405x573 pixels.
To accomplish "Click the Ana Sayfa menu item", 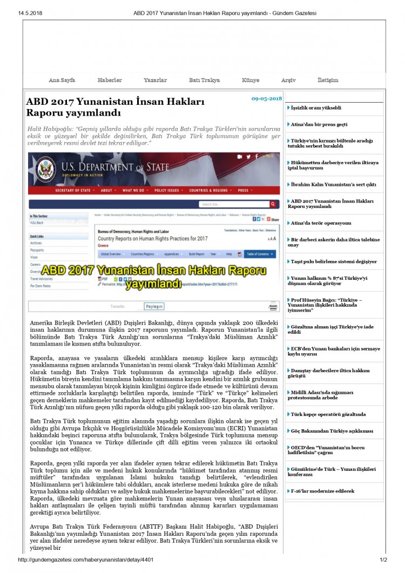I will [62, 80].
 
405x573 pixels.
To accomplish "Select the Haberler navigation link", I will [110, 80].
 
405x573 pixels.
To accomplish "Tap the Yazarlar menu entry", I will [155, 80].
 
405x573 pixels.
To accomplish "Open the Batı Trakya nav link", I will [204, 80].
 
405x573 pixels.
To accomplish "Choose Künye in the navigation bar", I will [251, 80].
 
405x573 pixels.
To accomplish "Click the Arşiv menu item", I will [288, 80].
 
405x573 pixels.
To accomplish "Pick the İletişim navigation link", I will [328, 80].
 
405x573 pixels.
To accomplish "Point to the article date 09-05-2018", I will [267, 99].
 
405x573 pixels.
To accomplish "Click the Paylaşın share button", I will [154, 306].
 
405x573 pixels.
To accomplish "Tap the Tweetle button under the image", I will [117, 306].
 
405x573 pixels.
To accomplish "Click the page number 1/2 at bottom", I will [383, 560].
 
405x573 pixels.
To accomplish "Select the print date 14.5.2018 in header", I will [30, 13].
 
